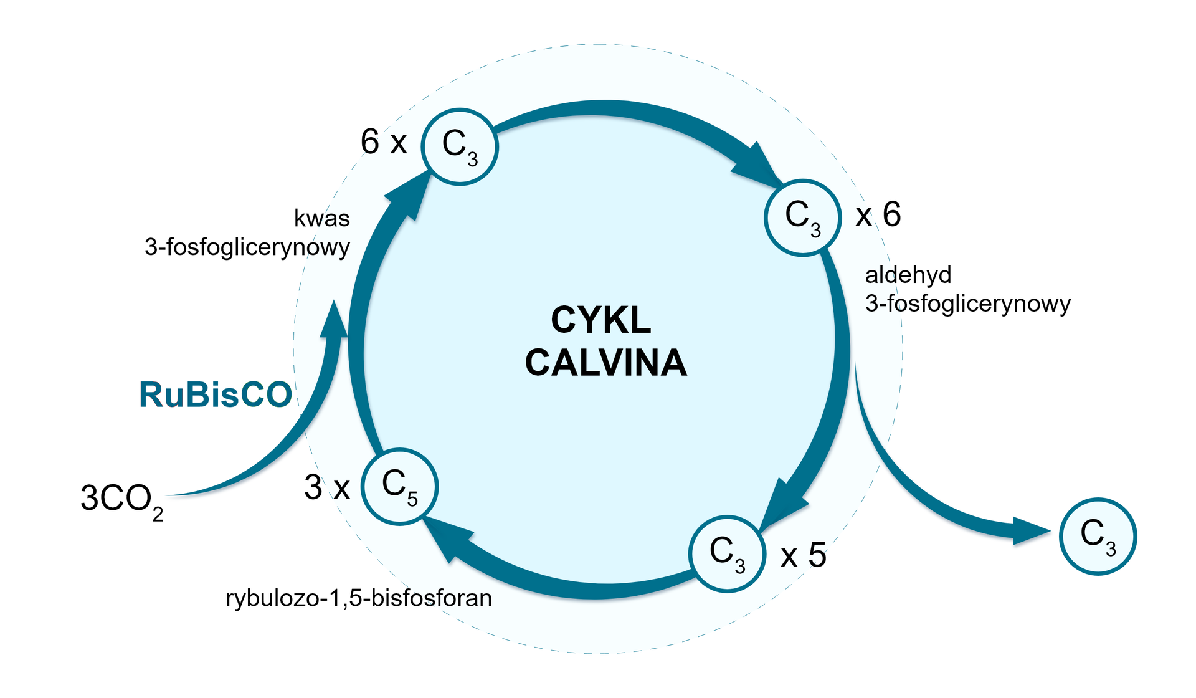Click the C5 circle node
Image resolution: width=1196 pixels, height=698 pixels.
click(399, 487)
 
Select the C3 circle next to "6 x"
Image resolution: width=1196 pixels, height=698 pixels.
click(460, 146)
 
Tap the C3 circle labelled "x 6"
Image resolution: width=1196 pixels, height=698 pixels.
click(802, 218)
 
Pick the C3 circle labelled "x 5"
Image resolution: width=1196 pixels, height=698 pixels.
click(727, 553)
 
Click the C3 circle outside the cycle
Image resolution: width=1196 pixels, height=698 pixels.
click(1098, 536)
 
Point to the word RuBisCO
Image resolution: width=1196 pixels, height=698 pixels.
click(216, 394)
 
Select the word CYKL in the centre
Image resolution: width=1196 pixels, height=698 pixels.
click(600, 320)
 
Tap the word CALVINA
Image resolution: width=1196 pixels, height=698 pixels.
click(605, 363)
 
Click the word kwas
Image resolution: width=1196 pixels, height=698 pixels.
click(321, 219)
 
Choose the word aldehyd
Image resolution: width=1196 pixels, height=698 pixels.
click(908, 275)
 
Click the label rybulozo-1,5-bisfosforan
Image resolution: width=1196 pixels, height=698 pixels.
click(359, 598)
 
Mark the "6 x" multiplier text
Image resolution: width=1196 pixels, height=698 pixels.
click(383, 142)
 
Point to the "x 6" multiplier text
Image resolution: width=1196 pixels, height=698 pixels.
click(878, 215)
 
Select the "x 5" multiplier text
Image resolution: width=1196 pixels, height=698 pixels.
click(804, 555)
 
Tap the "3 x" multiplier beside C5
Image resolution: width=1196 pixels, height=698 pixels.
click(327, 487)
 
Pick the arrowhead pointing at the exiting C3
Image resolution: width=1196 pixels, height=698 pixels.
click(1031, 532)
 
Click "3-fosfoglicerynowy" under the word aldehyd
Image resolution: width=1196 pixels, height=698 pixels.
click(968, 304)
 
